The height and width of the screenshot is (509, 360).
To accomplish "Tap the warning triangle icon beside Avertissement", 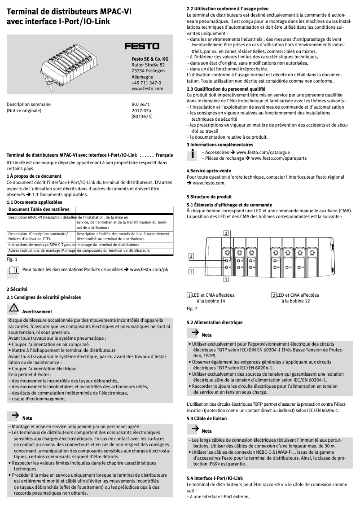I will (13, 308).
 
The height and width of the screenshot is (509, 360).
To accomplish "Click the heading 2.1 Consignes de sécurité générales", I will (44, 297).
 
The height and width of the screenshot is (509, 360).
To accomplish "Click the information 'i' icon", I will (192, 155).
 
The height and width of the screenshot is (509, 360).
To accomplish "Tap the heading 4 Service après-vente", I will (209, 171).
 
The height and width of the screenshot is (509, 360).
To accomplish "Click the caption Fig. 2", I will (192, 308).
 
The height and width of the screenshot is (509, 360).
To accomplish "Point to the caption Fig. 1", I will (12, 259).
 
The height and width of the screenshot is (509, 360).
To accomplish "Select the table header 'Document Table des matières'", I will (39, 210).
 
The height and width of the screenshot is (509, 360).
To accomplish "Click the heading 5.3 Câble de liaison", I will (206, 418).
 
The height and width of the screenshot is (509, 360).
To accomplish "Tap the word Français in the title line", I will (164, 154).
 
